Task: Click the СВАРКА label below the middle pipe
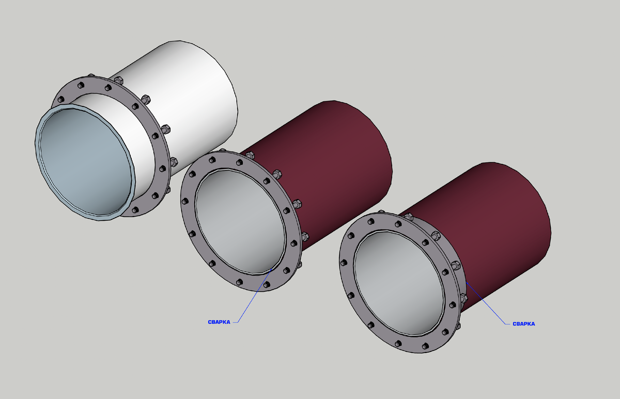(x=219, y=322)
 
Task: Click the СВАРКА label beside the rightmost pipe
(x=524, y=324)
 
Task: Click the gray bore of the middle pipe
(x=240, y=222)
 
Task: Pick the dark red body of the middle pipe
(x=332, y=172)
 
